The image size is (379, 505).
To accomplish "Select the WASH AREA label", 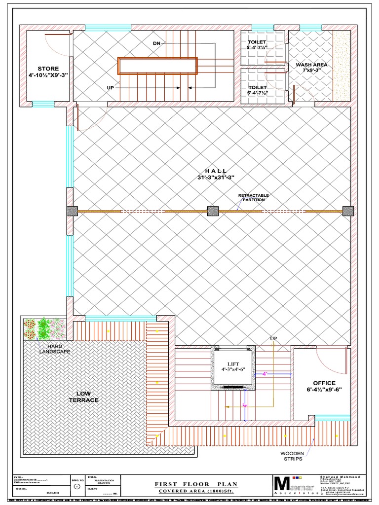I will tap(311, 65).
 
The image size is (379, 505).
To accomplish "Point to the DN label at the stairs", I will tap(157, 43).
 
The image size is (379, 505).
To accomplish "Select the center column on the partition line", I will tap(213, 211).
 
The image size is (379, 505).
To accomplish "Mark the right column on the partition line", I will tap(348, 211).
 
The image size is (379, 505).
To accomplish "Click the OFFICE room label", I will tap(324, 383).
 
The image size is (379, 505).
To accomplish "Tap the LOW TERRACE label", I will tap(87, 397).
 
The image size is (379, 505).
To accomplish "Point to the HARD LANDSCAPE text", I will tap(55, 349).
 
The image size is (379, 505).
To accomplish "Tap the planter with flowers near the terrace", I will tap(44, 328).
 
